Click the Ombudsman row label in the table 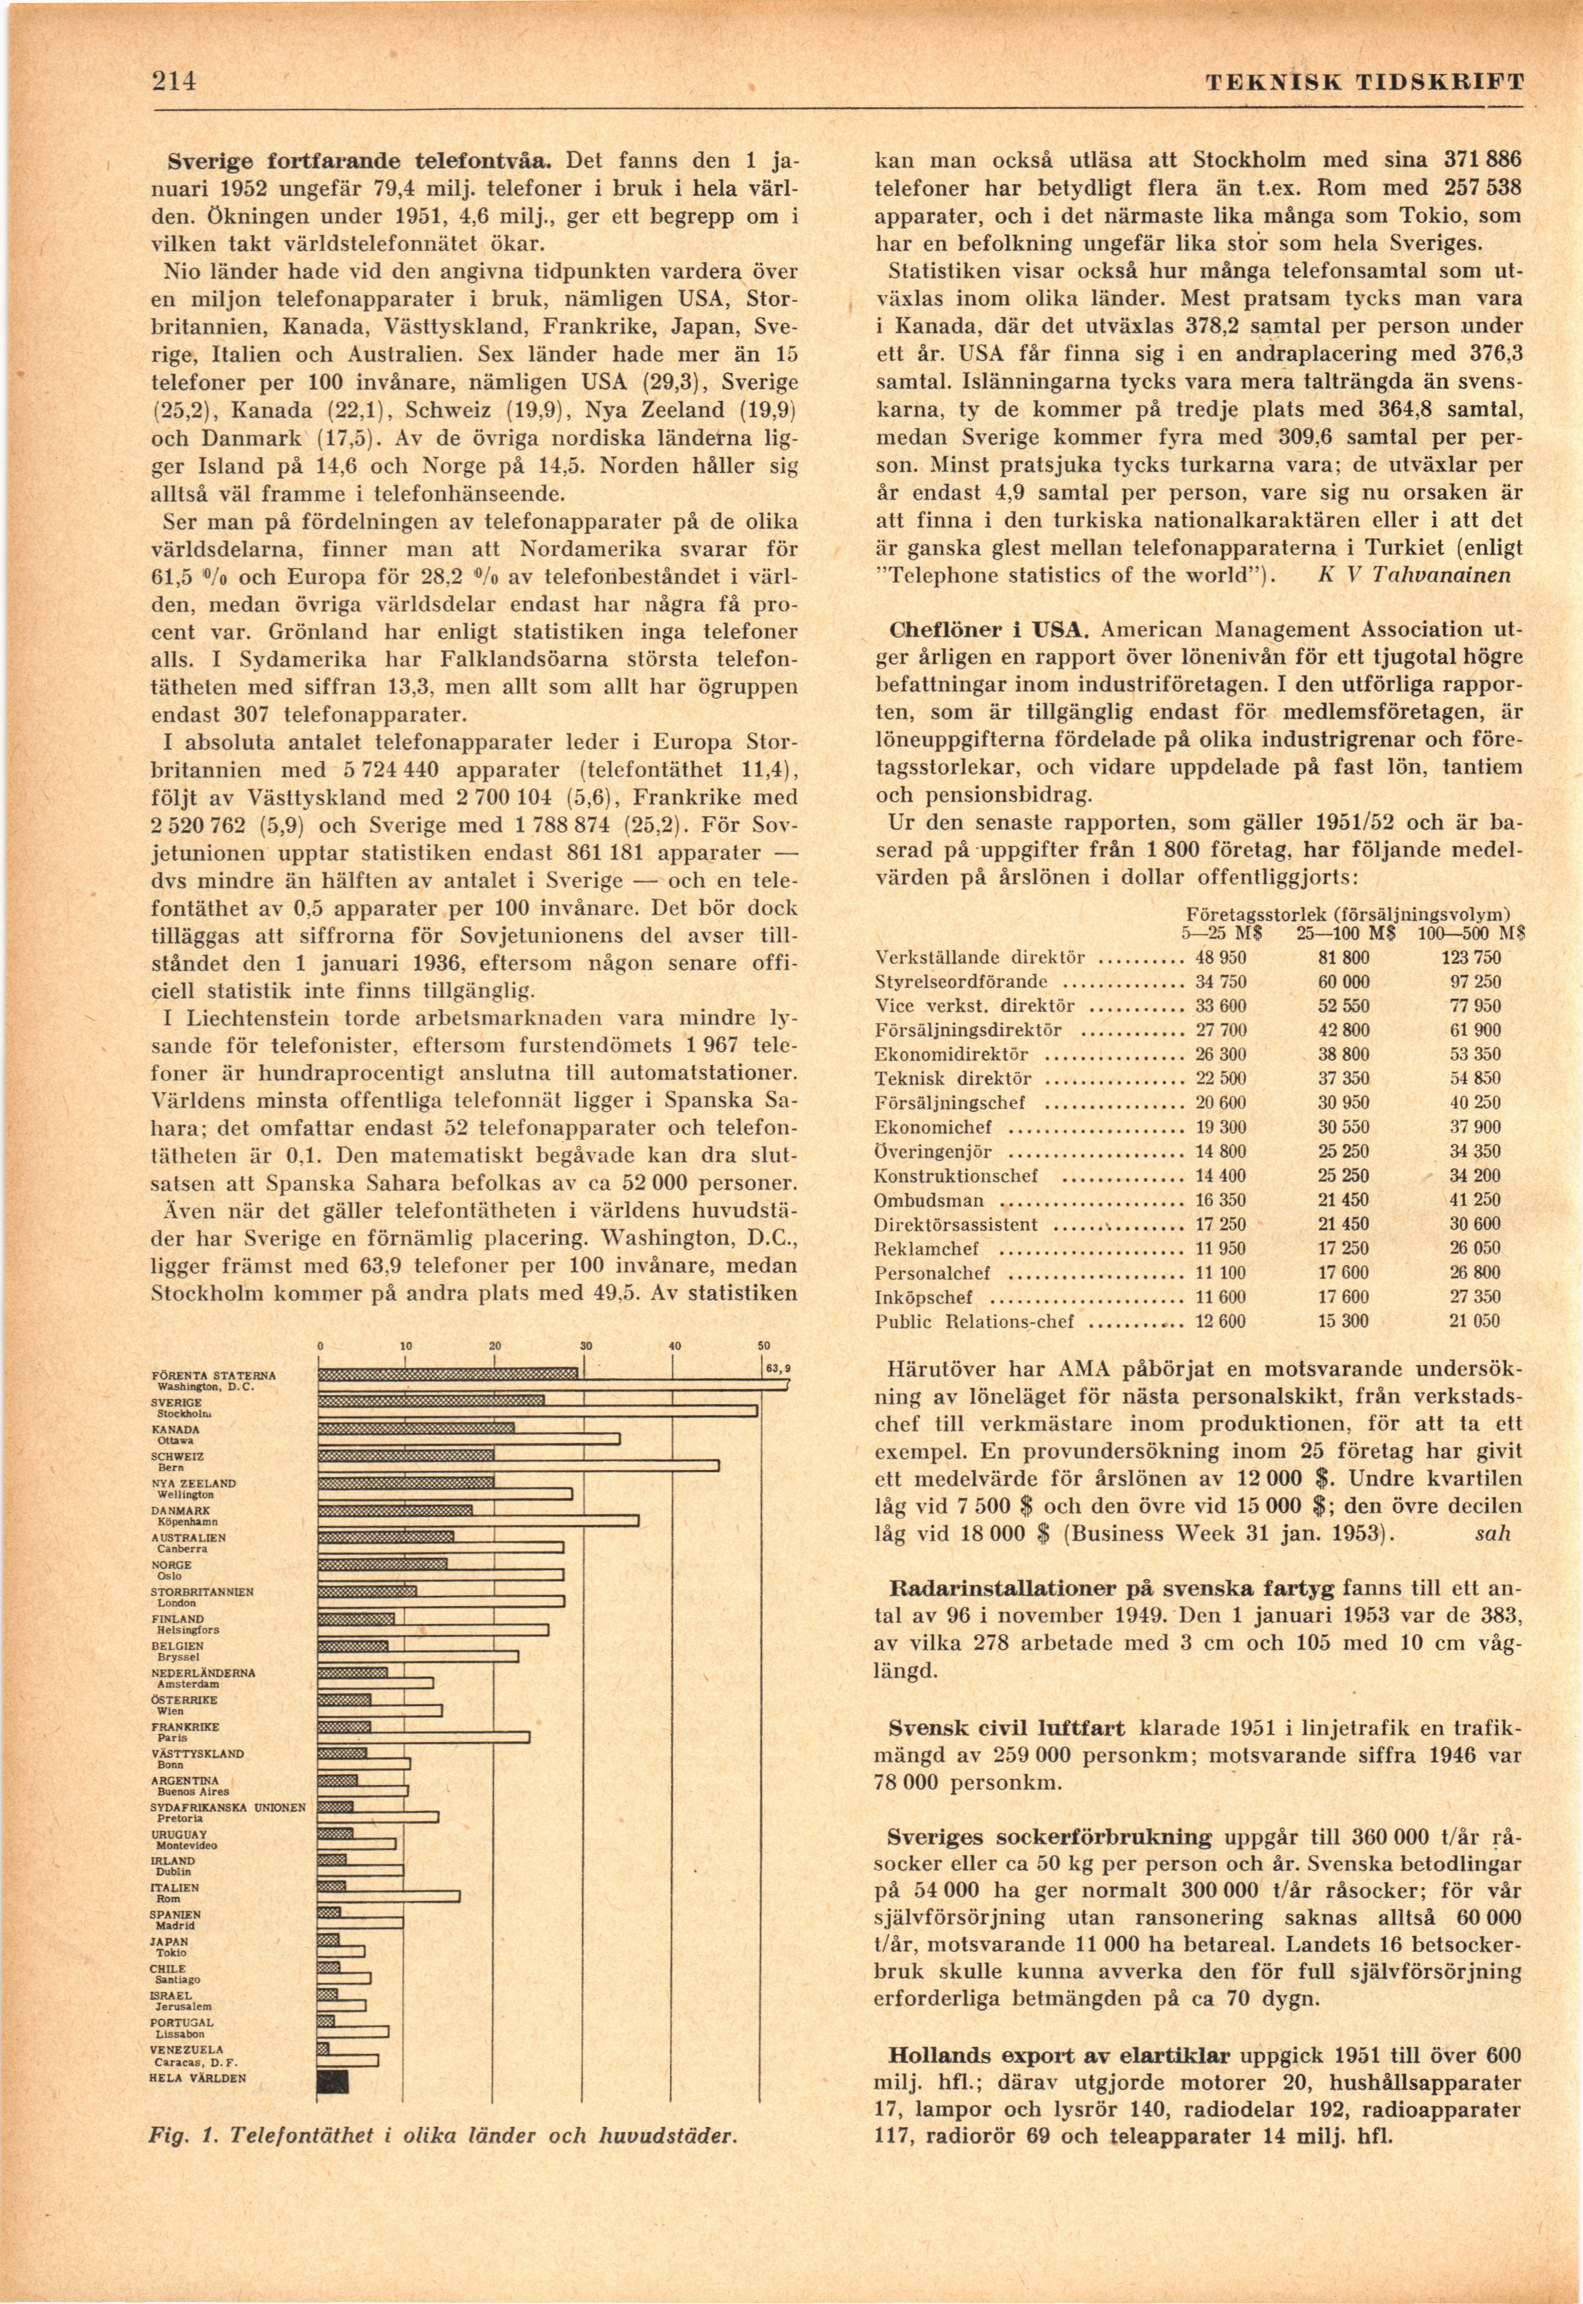point(916,1200)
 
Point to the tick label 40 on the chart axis point(673,1346)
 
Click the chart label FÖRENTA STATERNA point(213,1376)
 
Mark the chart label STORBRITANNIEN point(203,1592)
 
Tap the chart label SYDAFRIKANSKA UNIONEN point(228,1807)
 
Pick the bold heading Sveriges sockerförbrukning point(1050,1836)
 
